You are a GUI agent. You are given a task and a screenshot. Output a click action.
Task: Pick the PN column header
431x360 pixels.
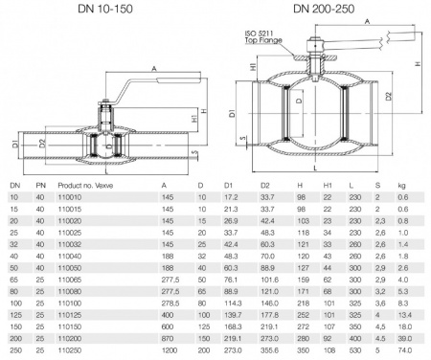coord(38,183)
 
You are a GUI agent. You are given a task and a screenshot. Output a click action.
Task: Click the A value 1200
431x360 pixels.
coord(172,352)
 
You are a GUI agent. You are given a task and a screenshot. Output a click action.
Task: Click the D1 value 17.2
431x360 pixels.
coord(231,195)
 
